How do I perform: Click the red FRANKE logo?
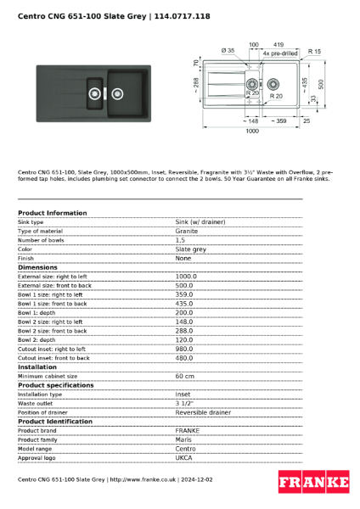click(x=313, y=483)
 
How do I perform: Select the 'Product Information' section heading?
click(x=52, y=213)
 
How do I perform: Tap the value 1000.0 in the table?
click(x=186, y=277)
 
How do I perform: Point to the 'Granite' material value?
click(x=187, y=231)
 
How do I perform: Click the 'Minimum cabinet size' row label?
click(x=48, y=376)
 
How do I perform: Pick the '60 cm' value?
click(x=184, y=376)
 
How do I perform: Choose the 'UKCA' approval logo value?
click(x=184, y=457)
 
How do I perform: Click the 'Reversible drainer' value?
click(x=203, y=412)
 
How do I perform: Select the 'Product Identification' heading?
click(x=55, y=422)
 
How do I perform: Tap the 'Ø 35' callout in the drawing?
click(x=228, y=51)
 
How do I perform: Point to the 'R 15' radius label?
click(x=315, y=52)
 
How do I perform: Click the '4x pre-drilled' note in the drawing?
click(x=279, y=53)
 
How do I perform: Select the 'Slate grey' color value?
click(x=190, y=249)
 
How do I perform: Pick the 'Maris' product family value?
click(x=183, y=439)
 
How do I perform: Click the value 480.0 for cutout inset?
click(x=185, y=358)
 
